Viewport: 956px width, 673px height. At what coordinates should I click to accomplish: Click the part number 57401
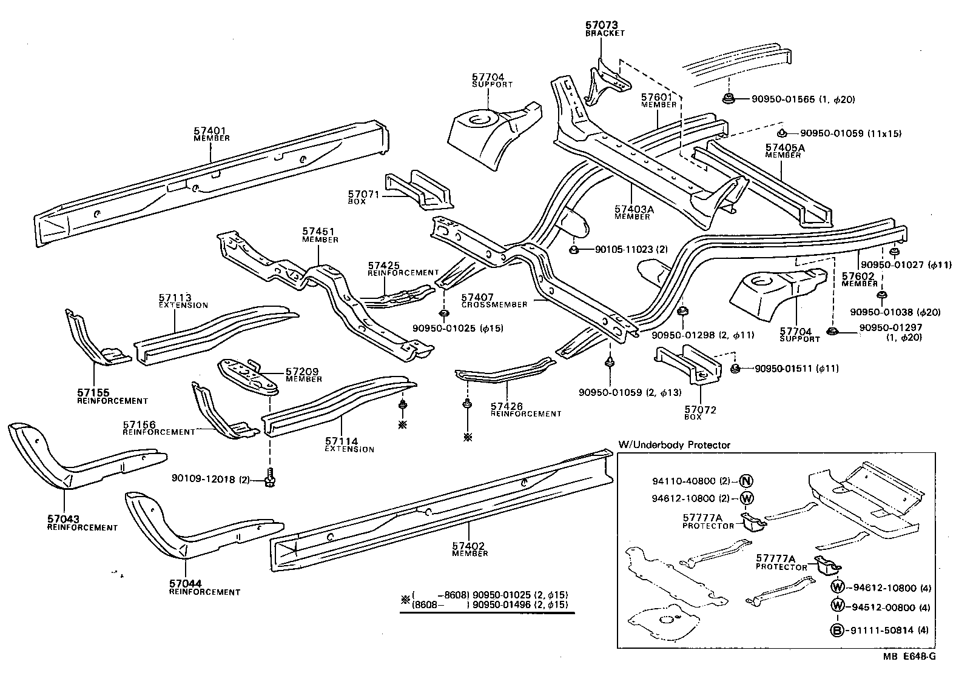click(x=209, y=130)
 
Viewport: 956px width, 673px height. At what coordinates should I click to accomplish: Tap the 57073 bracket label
click(x=601, y=25)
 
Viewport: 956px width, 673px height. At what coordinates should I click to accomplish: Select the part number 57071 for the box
click(x=363, y=193)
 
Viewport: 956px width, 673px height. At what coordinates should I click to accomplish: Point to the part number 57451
click(x=318, y=232)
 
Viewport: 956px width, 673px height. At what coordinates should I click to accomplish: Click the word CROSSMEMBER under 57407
click(x=494, y=304)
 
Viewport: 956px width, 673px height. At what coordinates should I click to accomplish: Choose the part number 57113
click(x=175, y=298)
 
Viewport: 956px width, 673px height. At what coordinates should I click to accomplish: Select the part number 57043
click(x=63, y=520)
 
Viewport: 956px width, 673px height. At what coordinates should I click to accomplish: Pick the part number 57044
click(x=185, y=584)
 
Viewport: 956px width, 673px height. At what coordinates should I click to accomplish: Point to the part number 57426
click(x=507, y=406)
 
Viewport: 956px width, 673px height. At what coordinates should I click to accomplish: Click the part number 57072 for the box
click(x=700, y=410)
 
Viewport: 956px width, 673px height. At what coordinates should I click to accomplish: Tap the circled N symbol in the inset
click(x=746, y=481)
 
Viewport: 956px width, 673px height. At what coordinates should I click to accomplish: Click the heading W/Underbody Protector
click(x=674, y=444)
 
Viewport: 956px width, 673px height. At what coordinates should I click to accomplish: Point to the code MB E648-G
click(x=908, y=657)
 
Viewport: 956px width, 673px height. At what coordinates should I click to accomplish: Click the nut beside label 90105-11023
click(x=574, y=250)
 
